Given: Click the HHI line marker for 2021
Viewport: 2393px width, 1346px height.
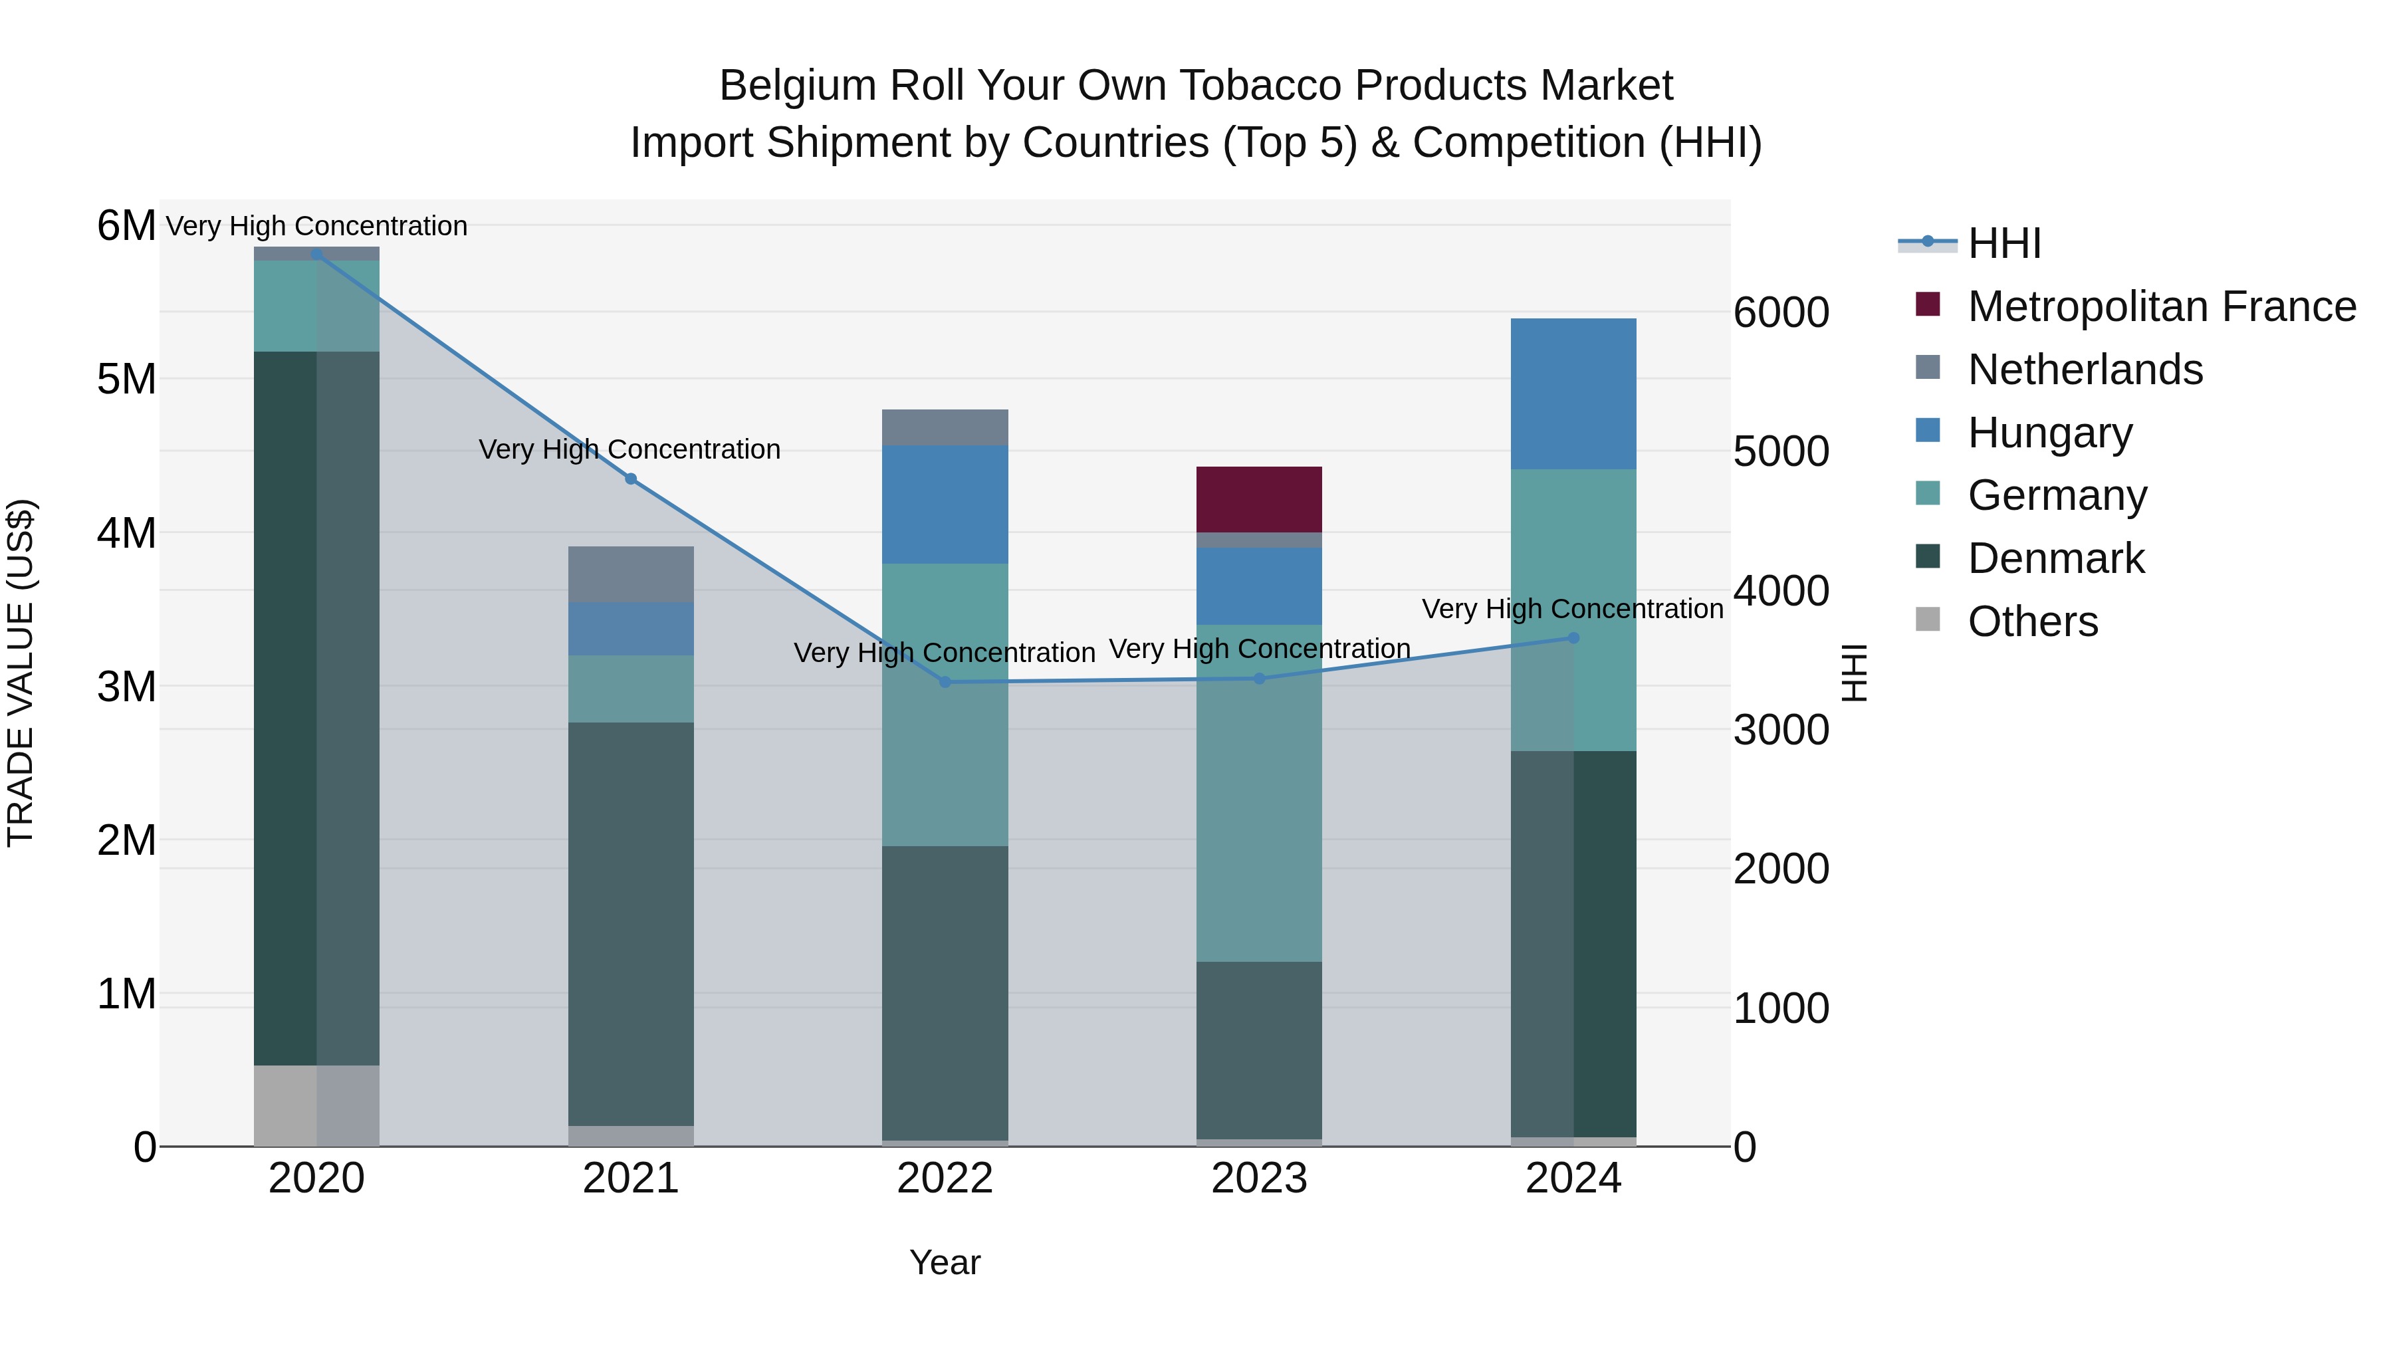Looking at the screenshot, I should [631, 479].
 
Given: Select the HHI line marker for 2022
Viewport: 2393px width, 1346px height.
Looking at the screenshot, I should [945, 682].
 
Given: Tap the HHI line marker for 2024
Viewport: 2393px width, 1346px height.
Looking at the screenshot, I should [1573, 638].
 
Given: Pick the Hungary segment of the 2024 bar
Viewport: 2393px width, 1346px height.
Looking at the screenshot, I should [1573, 394].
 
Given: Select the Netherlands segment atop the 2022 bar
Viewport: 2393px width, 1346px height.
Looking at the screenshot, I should [945, 427].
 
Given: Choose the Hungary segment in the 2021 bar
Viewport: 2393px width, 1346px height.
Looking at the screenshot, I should [631, 629].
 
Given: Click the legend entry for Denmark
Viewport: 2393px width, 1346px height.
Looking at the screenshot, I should [2056, 558].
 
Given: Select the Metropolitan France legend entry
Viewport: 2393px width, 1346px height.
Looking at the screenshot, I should [2161, 306].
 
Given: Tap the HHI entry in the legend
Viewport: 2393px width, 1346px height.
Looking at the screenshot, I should [2003, 243].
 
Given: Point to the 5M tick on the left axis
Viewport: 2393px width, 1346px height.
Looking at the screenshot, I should [126, 379].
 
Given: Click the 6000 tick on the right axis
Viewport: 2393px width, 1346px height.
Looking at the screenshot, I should [1781, 312].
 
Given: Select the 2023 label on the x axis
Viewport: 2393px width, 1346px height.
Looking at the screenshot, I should [1259, 1178].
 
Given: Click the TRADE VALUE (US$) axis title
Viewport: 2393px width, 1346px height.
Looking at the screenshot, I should [21, 673].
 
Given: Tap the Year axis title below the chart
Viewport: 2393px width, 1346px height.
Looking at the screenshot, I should [945, 1262].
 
